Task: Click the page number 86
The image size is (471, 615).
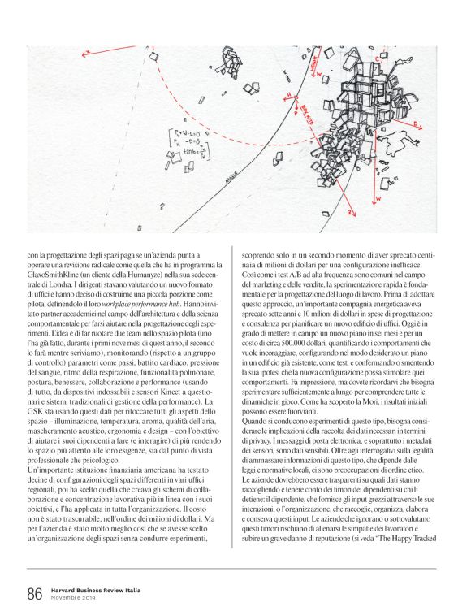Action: (x=33, y=594)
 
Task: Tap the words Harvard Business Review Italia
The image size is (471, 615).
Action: (x=90, y=590)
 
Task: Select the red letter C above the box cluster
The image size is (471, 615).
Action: (x=378, y=59)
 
